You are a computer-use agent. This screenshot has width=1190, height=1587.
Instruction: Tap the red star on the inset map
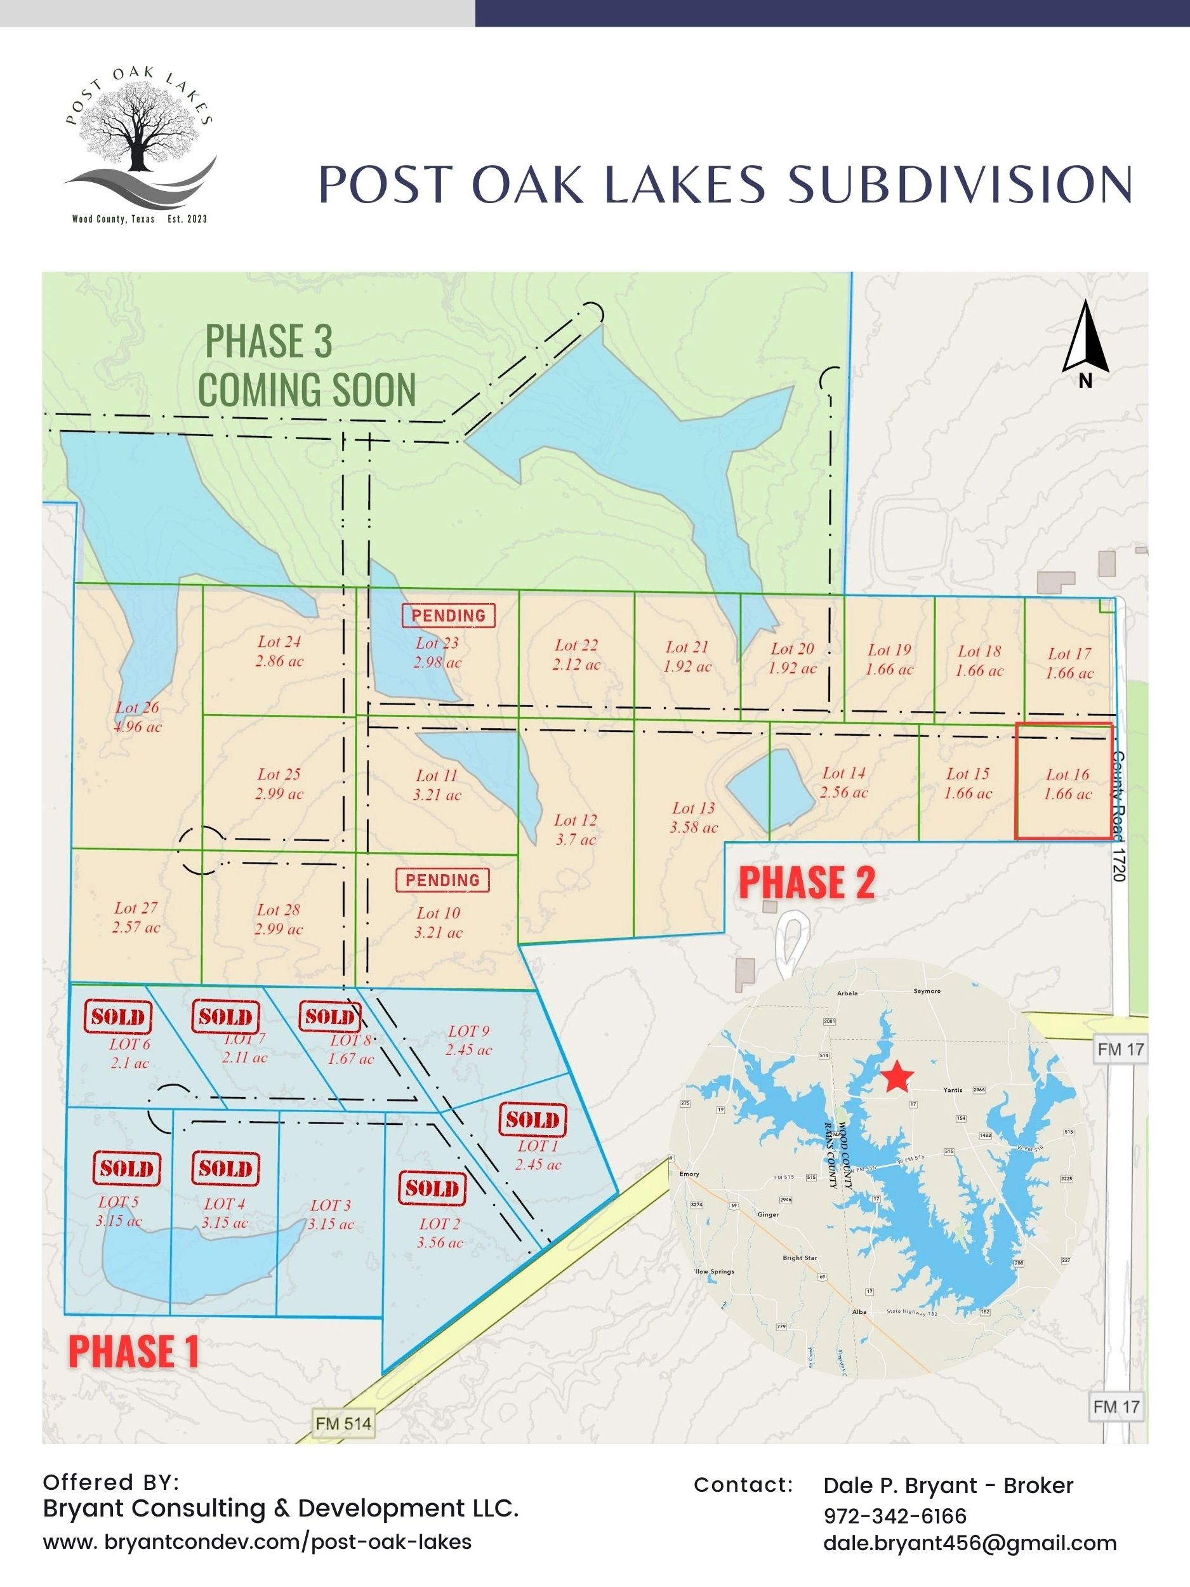coord(897,1077)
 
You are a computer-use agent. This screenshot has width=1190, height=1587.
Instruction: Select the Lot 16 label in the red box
coord(1068,783)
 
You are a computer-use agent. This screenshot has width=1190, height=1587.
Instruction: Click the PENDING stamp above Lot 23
coord(448,616)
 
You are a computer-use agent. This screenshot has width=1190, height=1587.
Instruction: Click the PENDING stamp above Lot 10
coord(442,880)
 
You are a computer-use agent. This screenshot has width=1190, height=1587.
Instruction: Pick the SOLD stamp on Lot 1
coord(532,1120)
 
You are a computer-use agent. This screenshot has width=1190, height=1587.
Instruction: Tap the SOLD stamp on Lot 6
coord(118,1016)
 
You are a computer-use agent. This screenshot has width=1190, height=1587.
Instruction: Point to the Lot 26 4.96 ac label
coord(138,717)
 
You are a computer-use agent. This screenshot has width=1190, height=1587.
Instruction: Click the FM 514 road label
coord(343,1423)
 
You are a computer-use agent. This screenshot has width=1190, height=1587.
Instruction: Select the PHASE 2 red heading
coord(806,882)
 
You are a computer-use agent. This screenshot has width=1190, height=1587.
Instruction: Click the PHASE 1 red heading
coord(133,1351)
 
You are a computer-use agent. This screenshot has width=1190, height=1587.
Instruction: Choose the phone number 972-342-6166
coord(894,1515)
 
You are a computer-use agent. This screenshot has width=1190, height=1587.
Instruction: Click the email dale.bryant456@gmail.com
coord(970,1543)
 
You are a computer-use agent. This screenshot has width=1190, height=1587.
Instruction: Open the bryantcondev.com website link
coord(258,1541)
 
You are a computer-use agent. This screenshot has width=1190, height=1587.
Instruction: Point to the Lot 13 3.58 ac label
coord(694,817)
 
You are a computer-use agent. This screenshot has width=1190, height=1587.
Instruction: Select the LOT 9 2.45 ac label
coord(468,1040)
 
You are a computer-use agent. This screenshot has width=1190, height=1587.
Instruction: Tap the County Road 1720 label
coord(1119,816)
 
